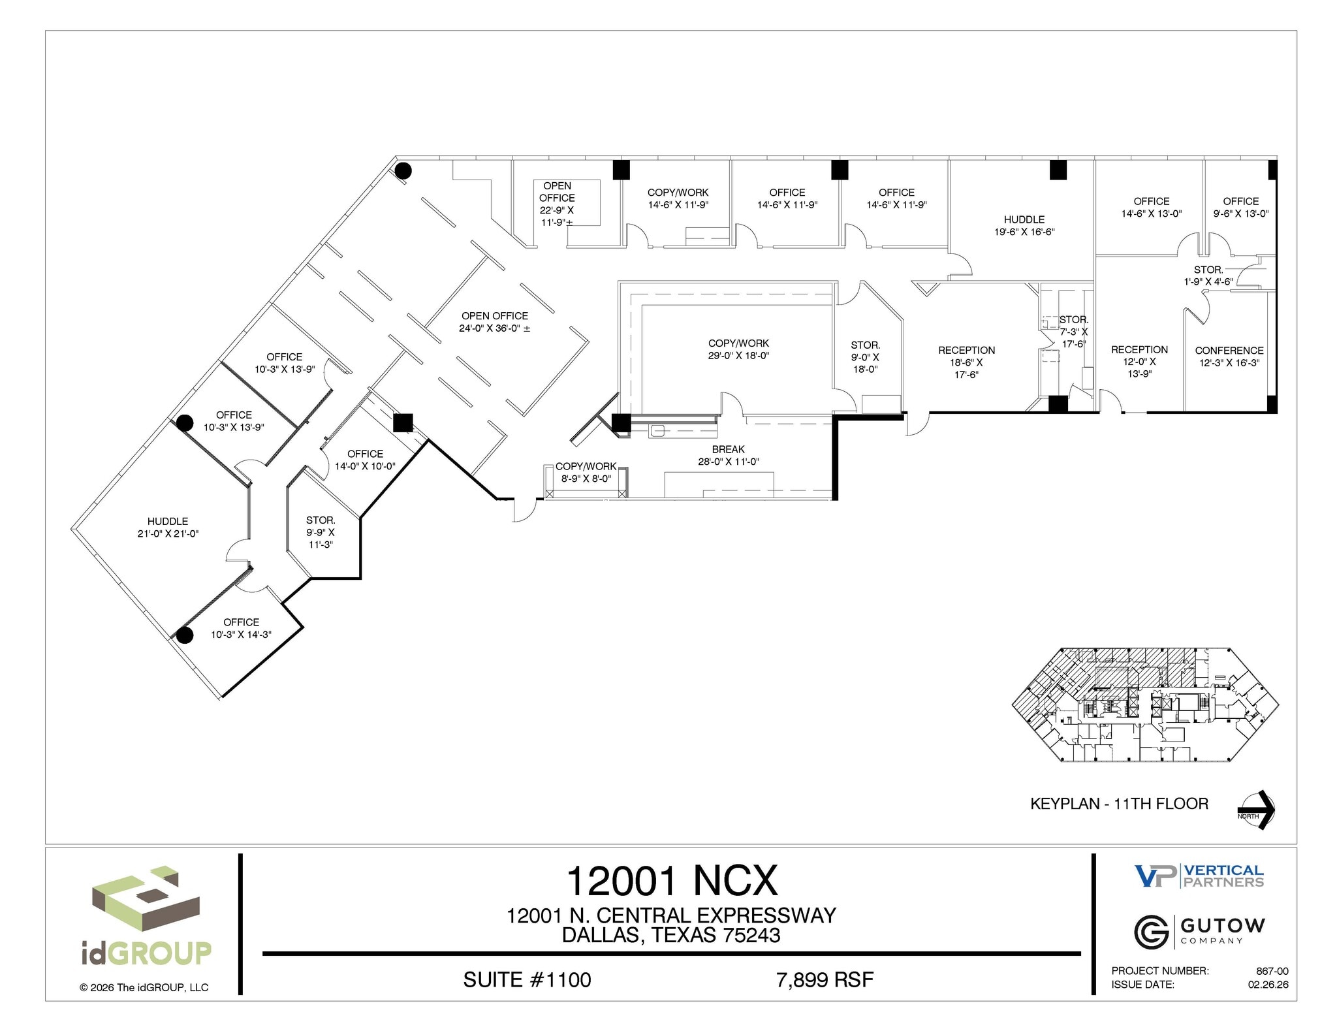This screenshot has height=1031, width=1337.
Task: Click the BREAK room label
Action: [x=728, y=455]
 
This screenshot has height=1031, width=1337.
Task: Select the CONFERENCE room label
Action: [x=1229, y=357]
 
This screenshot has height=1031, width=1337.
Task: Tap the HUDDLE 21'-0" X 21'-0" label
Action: [x=168, y=527]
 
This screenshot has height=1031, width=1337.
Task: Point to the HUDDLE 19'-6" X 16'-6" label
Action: [x=1024, y=225]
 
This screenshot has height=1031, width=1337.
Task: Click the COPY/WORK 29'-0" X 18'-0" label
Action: [x=738, y=349]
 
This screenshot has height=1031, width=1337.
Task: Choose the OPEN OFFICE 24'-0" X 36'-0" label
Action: [x=494, y=322]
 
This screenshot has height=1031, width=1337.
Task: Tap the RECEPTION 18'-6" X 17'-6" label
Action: [x=966, y=362]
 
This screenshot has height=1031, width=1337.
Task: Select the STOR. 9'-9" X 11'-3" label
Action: [x=321, y=532]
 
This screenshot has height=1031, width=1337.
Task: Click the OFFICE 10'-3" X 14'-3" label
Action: [x=241, y=628]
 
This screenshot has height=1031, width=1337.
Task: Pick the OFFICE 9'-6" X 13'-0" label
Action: [x=1240, y=207]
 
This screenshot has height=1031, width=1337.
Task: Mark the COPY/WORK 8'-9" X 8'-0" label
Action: [x=586, y=472]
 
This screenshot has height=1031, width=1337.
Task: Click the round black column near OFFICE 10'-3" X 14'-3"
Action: [x=185, y=635]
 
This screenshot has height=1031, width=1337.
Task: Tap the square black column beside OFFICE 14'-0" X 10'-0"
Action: [x=403, y=423]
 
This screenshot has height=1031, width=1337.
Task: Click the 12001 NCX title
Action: [x=672, y=881]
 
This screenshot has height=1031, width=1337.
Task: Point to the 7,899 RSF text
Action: [x=825, y=979]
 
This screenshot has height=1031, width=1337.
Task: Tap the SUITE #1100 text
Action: [x=527, y=979]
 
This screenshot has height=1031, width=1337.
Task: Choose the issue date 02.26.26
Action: [x=1268, y=985]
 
